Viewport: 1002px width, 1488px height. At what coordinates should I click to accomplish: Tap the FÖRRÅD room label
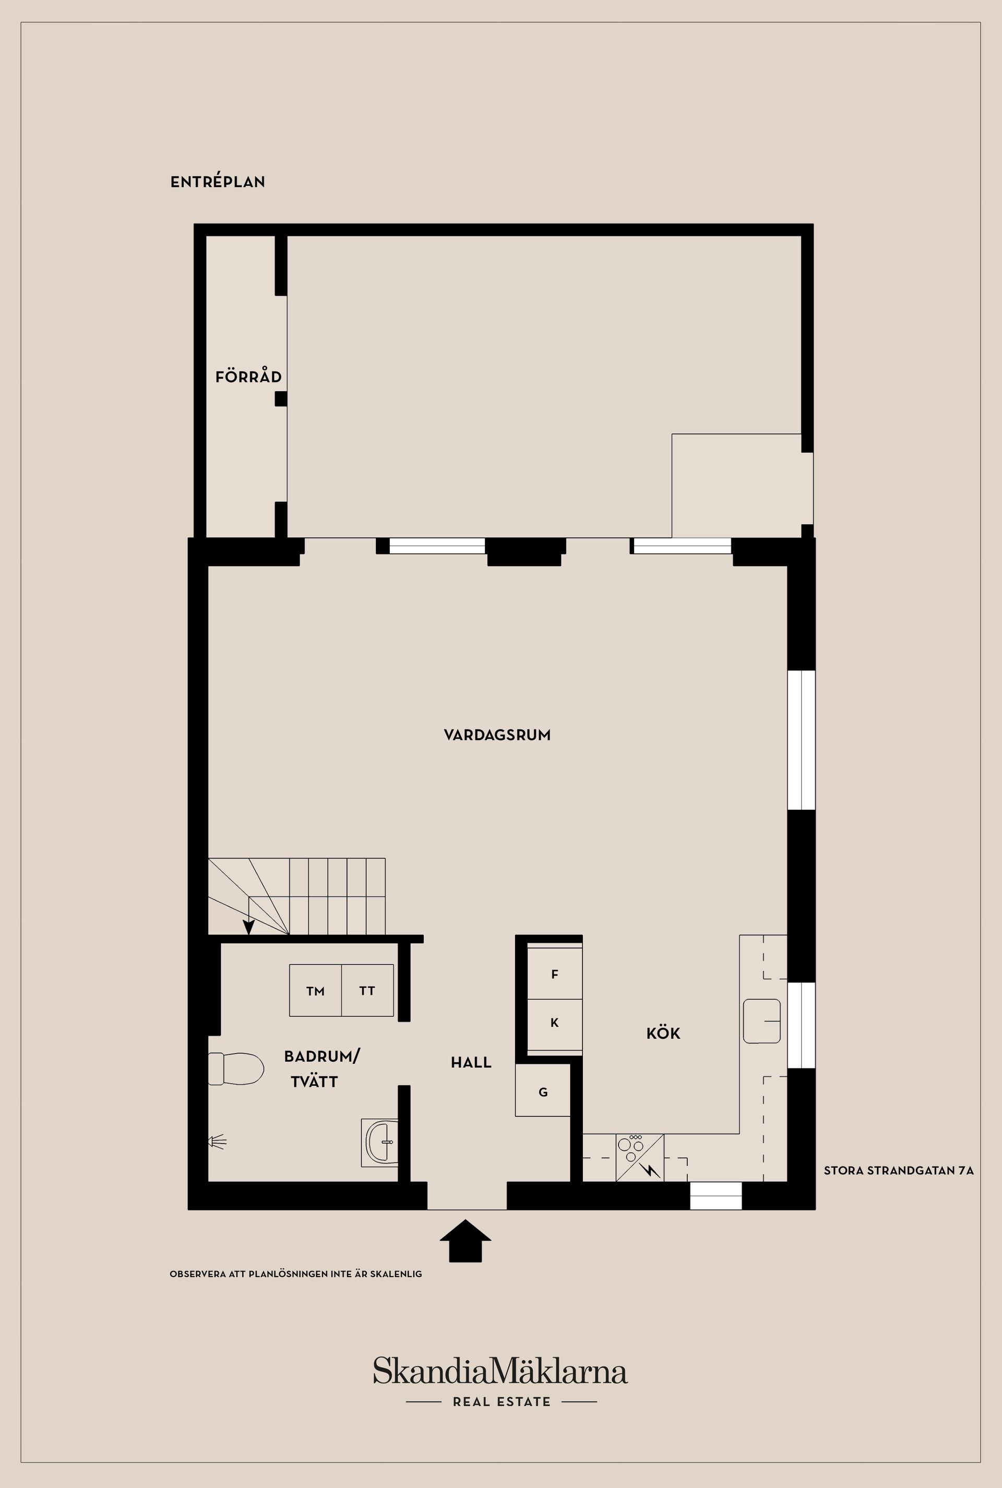click(x=248, y=377)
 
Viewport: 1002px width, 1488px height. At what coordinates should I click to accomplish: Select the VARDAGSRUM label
click(x=497, y=735)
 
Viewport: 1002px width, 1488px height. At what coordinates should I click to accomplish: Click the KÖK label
click(x=663, y=1033)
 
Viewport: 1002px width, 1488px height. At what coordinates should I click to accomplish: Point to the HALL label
click(x=471, y=1062)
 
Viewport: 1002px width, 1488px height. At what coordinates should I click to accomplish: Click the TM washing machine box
click(x=315, y=991)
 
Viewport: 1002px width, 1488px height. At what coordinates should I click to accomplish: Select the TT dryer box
click(x=367, y=991)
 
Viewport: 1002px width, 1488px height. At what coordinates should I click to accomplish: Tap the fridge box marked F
click(x=554, y=974)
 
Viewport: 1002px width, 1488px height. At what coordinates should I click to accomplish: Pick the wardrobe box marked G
click(x=543, y=1092)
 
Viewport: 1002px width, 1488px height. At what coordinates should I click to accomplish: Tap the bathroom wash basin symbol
click(x=381, y=1143)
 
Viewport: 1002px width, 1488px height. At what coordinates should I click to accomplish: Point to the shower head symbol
click(x=217, y=1141)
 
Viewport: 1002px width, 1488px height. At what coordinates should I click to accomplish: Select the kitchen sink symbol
click(x=762, y=1021)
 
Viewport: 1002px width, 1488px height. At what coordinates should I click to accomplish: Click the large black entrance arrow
click(x=465, y=1240)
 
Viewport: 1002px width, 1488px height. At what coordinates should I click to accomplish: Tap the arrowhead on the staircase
click(x=248, y=927)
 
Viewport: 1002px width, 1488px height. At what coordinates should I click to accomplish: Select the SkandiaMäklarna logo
click(x=500, y=1372)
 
